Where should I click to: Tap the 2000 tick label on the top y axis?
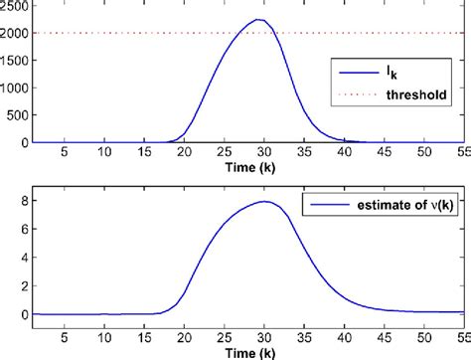click(15, 33)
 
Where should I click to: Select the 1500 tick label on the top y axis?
click(15, 60)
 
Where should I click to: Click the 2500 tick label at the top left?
click(15, 6)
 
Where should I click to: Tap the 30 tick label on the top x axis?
click(264, 152)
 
